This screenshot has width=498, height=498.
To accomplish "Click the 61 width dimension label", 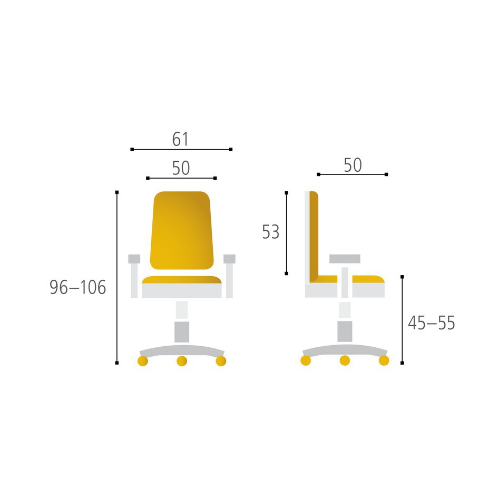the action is (180, 139).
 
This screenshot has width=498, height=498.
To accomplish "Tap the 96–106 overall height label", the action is (78, 287).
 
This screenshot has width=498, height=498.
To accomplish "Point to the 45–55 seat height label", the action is (431, 323).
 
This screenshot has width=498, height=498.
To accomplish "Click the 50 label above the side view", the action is (353, 165).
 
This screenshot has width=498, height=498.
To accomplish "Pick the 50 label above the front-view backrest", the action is (181, 168).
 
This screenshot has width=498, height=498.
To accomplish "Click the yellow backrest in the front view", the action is (182, 230).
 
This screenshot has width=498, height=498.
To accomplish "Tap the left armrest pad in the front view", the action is (134, 259).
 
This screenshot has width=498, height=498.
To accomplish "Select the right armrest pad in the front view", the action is (229, 259).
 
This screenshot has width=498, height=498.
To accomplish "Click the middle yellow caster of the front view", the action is (182, 361).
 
